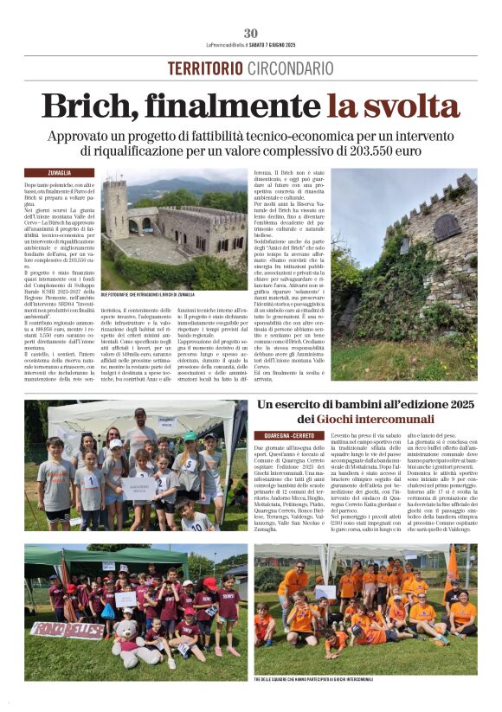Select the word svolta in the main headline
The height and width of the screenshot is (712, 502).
coord(406,107)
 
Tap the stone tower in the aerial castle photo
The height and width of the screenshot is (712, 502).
coord(115,208)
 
